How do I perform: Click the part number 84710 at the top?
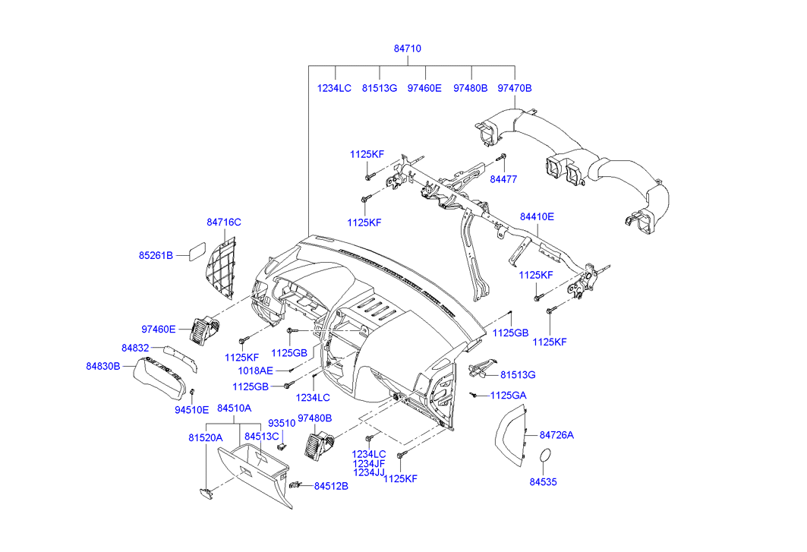[407, 49]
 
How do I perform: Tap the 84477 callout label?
[503, 179]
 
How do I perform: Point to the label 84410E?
[537, 216]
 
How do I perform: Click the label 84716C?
[223, 222]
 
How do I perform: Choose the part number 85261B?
[156, 255]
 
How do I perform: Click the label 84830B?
[102, 366]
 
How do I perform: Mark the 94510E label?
[191, 410]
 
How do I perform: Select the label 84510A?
[234, 408]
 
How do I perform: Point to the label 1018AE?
[255, 371]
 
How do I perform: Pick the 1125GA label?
[508, 396]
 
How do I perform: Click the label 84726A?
[556, 435]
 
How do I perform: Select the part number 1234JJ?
[370, 472]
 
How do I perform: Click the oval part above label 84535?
[544, 456]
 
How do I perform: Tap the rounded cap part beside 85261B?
[193, 251]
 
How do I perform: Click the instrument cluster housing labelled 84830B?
[159, 380]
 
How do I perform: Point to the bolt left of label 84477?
[501, 158]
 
